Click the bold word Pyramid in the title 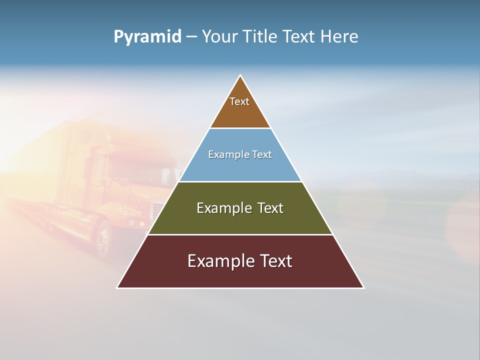point(147,37)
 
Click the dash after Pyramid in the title point(191,37)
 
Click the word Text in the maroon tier point(275,261)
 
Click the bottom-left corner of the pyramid point(117,287)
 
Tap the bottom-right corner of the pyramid point(363,287)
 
